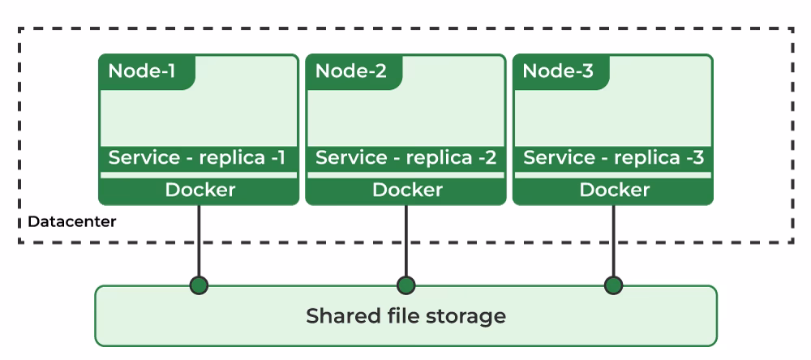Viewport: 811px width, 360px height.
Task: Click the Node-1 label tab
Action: click(x=143, y=71)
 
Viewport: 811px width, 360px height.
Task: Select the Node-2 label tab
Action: click(x=350, y=71)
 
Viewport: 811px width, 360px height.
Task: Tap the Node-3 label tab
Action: click(x=558, y=71)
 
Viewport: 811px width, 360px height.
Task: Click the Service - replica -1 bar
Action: click(x=198, y=157)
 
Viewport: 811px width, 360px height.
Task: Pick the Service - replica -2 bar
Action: click(x=405, y=157)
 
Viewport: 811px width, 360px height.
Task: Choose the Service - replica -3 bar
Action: click(x=613, y=157)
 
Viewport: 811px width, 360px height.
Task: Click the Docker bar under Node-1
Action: click(x=200, y=191)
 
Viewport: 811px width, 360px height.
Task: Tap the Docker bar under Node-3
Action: click(x=614, y=191)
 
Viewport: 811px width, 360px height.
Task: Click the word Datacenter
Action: click(x=72, y=221)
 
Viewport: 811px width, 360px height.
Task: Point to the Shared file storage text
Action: click(x=405, y=315)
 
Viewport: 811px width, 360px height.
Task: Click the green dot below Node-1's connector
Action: click(x=199, y=285)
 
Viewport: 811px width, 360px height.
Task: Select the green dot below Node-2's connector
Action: click(x=406, y=285)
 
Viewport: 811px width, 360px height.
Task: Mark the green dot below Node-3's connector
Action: click(x=614, y=285)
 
